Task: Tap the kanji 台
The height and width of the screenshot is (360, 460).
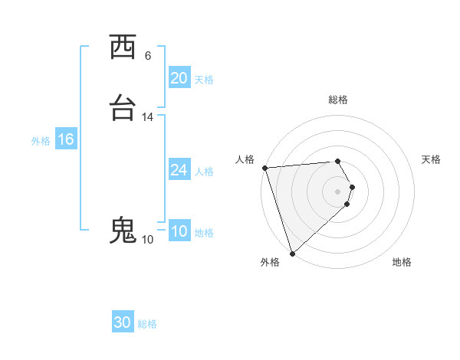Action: pos(123,109)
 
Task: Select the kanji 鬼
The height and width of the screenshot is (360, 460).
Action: pos(123,231)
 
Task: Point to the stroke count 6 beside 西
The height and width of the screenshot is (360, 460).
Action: pos(148,56)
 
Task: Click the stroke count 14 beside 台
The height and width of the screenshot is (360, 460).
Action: pos(148,117)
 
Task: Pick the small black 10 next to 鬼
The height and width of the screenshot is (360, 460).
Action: pos(148,240)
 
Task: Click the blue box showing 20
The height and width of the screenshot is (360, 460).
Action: pos(179,78)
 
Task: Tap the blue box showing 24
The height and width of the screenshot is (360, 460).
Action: pos(179,170)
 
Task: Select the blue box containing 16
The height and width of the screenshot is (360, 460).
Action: pos(66,139)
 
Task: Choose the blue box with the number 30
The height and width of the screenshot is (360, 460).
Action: pos(123,322)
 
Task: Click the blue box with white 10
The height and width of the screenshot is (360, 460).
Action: pos(179,231)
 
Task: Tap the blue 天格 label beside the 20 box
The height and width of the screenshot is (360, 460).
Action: pos(204,80)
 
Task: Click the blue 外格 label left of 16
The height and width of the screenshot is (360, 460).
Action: pos(41,141)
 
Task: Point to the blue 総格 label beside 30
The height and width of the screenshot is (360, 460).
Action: pos(147,324)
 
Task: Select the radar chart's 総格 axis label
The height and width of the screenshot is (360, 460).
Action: pos(338,100)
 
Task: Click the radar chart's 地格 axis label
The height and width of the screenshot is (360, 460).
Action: pos(402,263)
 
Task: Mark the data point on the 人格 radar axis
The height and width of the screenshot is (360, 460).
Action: pos(264,168)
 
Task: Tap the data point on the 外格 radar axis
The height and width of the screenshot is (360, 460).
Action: pos(292,252)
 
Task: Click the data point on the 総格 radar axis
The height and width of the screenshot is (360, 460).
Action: pos(338,162)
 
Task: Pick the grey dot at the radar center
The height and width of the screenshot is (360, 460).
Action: pos(338,191)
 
